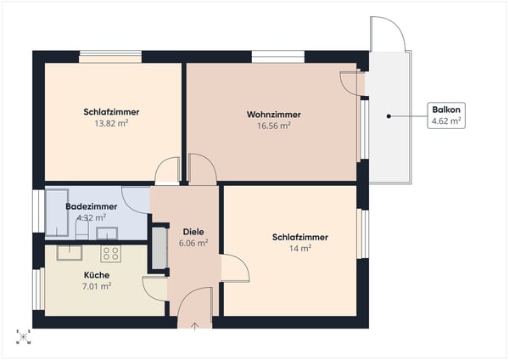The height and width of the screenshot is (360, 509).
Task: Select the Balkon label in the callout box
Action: click(446, 110)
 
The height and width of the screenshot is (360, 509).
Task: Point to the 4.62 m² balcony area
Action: click(446, 121)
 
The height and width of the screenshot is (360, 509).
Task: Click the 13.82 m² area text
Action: click(111, 123)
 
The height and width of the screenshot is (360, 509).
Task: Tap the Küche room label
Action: click(97, 275)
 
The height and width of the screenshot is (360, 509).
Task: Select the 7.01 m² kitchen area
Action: click(97, 286)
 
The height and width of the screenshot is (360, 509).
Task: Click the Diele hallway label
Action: click(193, 231)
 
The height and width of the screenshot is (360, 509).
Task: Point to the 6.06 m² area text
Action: click(193, 242)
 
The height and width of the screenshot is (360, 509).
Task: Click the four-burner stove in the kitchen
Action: click(111, 252)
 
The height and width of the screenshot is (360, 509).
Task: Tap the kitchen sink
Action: click(68, 251)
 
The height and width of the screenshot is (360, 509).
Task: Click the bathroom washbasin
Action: click(107, 233)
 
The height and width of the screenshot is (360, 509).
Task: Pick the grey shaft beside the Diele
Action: click(159, 248)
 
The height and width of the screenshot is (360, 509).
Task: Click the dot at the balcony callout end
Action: click(389, 115)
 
